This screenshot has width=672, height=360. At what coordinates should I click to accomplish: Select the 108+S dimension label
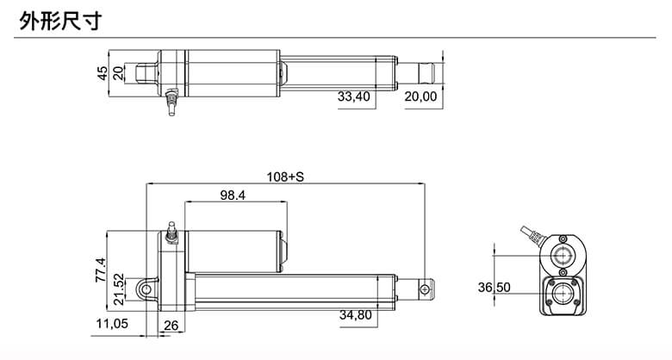[285, 177]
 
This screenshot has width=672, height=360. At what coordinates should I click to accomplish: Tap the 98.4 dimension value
[233, 196]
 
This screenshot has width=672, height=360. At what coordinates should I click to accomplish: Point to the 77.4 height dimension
[100, 270]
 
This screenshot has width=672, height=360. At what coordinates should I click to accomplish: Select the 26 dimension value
[170, 325]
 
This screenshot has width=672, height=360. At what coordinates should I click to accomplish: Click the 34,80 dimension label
[355, 315]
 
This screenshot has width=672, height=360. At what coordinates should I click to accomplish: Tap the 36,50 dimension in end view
[495, 287]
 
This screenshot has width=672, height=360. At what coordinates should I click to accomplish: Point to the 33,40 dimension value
[353, 97]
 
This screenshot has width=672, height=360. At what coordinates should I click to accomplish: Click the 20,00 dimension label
[420, 97]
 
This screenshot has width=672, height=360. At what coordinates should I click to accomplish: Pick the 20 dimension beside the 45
[119, 73]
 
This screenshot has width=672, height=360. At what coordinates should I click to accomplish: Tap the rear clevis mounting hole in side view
[152, 289]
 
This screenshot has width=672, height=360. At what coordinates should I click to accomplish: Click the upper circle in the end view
[564, 256]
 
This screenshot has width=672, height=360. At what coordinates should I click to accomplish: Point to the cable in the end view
[532, 234]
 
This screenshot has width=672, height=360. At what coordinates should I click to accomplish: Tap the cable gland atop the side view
[171, 233]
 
